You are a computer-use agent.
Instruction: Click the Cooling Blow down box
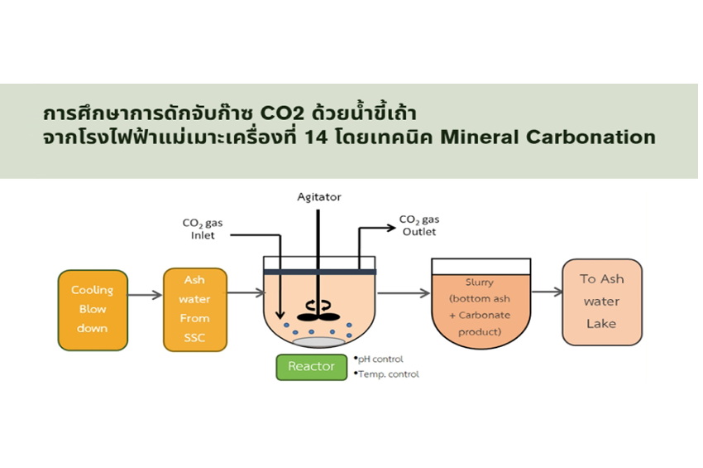(x=93, y=309)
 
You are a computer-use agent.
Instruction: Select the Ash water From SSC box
(x=195, y=309)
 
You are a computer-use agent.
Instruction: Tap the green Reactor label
(x=311, y=366)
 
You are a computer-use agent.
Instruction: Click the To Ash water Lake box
(x=601, y=302)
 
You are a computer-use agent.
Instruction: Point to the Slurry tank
(x=480, y=302)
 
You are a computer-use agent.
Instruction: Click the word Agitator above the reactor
(x=319, y=197)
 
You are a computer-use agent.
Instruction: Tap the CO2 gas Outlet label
(x=419, y=225)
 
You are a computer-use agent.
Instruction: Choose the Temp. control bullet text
(x=387, y=374)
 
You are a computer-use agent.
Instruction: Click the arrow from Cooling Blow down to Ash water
(x=146, y=294)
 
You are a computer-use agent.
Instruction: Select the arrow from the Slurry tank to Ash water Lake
(x=547, y=292)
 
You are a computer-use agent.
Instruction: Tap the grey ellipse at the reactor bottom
(x=318, y=342)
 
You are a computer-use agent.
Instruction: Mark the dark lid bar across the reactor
(x=319, y=272)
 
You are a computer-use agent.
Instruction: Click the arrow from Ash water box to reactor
(x=245, y=292)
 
